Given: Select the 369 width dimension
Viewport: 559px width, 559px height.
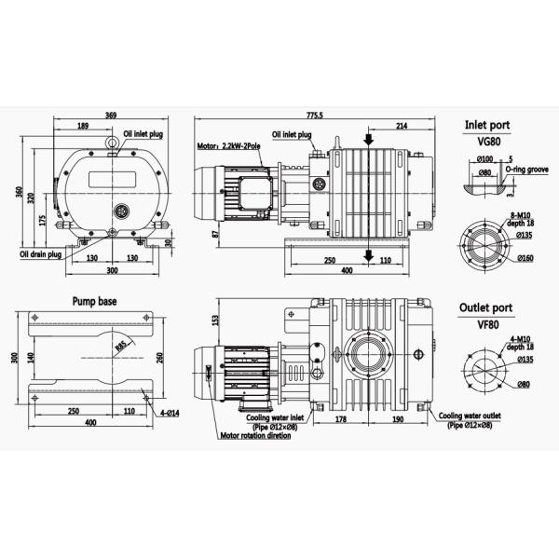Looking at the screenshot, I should point(111,115).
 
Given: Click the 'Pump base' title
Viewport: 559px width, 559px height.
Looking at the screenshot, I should point(94,302).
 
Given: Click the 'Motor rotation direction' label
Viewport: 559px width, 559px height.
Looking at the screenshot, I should point(254,435).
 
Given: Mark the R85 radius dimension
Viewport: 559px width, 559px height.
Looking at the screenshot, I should point(122,347).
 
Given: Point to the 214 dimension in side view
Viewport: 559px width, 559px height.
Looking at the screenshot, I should point(402,126).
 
